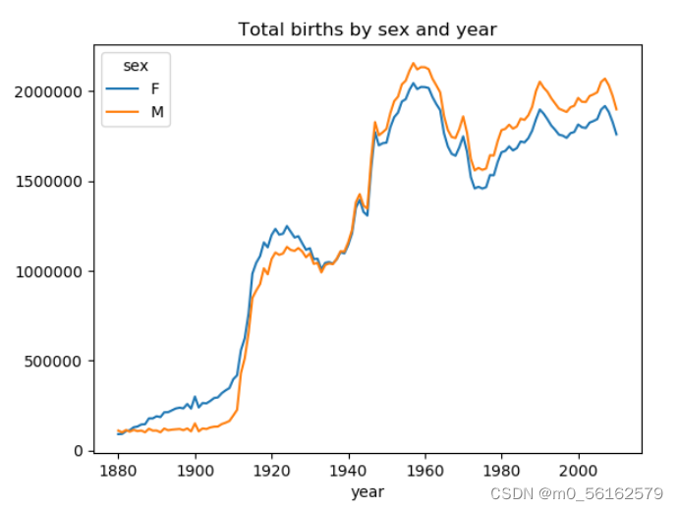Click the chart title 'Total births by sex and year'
(367, 29)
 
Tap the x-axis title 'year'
(367, 491)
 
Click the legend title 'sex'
(136, 66)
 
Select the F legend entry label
(154, 88)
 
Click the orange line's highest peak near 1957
(414, 64)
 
